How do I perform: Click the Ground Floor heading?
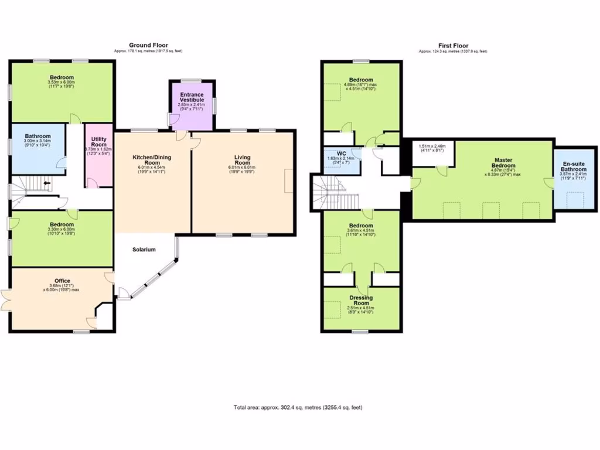(148, 45)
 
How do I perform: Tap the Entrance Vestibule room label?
(191, 97)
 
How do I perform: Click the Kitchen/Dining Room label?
(152, 160)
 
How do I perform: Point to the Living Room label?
(242, 159)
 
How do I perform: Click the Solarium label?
(144, 250)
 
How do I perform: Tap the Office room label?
(63, 281)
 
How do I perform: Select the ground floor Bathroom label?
(37, 136)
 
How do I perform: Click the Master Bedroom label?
(503, 163)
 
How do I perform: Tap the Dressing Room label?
(361, 300)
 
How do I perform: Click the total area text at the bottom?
(302, 407)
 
